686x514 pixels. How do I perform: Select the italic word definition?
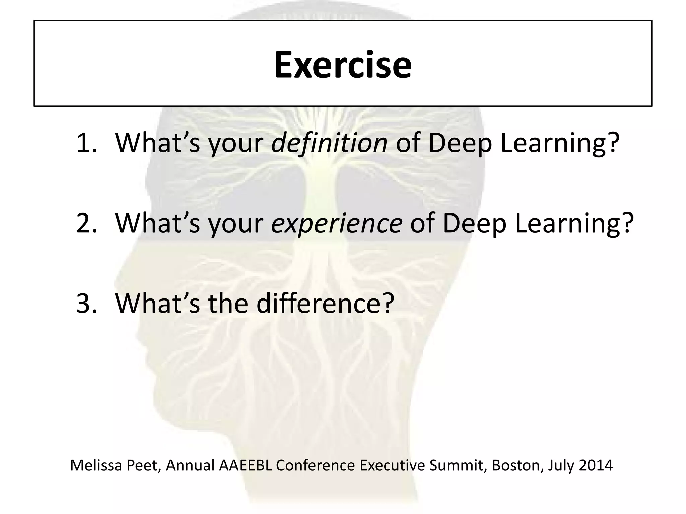tap(329, 143)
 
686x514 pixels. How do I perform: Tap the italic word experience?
tap(336, 223)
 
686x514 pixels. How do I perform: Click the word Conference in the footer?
tap(315, 465)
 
